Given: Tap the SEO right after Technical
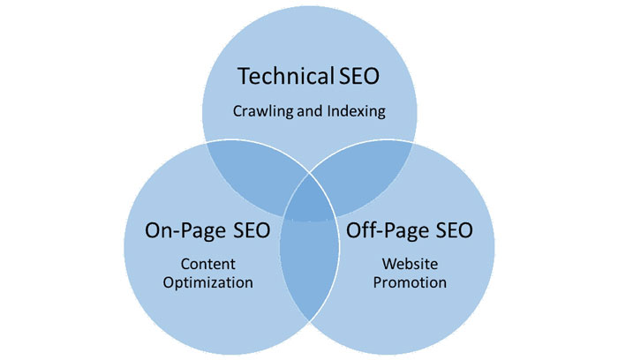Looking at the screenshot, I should coord(359,77).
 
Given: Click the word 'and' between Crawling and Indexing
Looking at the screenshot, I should coord(309,113).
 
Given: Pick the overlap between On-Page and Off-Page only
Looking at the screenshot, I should coord(309,265).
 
